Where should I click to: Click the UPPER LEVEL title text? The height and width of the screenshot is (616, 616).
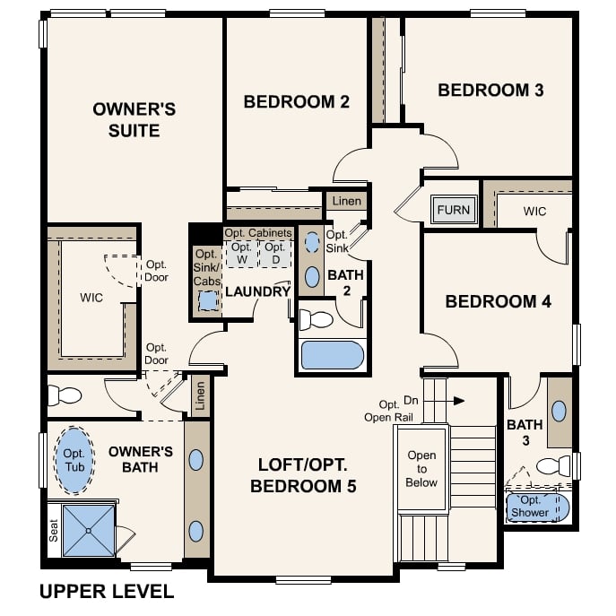(x=107, y=592)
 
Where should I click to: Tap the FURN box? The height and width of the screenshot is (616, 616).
(x=452, y=211)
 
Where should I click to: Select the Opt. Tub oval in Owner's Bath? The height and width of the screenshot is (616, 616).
(x=74, y=460)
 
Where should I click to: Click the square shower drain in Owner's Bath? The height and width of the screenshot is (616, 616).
(x=89, y=530)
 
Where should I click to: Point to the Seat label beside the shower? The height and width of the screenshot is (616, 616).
(x=53, y=531)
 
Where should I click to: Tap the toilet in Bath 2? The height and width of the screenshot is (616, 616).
(x=316, y=318)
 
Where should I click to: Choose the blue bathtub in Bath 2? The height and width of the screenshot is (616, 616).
(x=332, y=355)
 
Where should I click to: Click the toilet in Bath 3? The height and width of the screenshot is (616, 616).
(x=553, y=466)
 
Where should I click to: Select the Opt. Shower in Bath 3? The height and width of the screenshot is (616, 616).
(x=536, y=508)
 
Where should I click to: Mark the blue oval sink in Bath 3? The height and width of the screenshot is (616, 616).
(x=559, y=412)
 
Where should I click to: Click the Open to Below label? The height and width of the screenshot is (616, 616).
(x=421, y=469)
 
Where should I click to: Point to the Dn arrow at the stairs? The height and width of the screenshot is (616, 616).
(x=457, y=401)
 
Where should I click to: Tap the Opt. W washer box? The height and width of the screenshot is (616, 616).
(x=240, y=253)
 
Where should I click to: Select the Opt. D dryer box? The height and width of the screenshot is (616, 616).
(x=275, y=253)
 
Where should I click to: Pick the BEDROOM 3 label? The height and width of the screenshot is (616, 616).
(x=490, y=91)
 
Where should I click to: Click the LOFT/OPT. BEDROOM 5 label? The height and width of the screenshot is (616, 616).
(x=303, y=476)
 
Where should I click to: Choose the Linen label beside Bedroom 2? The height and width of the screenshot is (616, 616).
(x=346, y=201)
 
